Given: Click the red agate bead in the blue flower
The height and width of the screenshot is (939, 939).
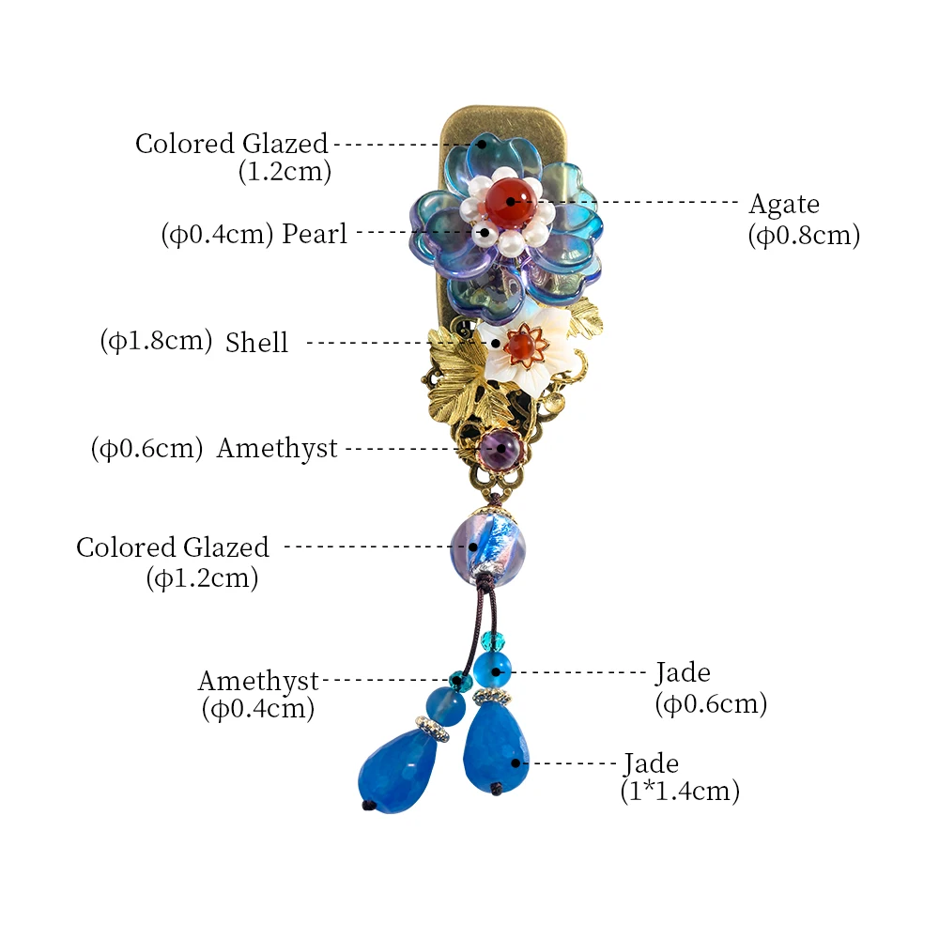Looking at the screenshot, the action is (510, 201).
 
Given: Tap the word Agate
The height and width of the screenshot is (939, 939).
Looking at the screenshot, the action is (784, 205).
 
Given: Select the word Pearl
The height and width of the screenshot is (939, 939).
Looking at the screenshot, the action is (315, 233).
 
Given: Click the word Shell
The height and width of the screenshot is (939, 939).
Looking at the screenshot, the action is (256, 343).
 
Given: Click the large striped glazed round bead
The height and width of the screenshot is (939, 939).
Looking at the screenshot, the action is (487, 546).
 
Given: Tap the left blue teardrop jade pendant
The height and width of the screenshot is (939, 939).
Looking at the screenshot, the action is (397, 771).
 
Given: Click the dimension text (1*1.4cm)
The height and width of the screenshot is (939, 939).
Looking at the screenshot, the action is (680, 791).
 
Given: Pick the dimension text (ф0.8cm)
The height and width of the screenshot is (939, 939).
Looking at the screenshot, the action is (804, 235).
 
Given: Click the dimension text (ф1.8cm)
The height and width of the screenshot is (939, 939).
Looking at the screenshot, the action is (156, 340).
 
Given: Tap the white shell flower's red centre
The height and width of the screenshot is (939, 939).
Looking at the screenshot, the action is (518, 346).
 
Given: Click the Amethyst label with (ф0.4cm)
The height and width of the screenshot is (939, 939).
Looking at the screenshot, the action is (258, 695).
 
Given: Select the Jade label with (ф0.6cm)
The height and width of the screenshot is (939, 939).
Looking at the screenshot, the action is (711, 688).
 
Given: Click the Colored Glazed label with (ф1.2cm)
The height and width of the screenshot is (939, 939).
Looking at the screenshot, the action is (173, 562).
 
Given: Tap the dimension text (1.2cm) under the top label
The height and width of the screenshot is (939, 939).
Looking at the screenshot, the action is (285, 172).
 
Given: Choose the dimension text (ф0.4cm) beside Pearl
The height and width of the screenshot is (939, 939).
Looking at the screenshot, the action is (217, 234).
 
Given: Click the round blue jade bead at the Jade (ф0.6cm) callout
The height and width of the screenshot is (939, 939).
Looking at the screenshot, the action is (492, 671).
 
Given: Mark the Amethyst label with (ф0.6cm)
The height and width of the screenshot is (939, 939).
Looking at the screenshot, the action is (214, 448).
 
